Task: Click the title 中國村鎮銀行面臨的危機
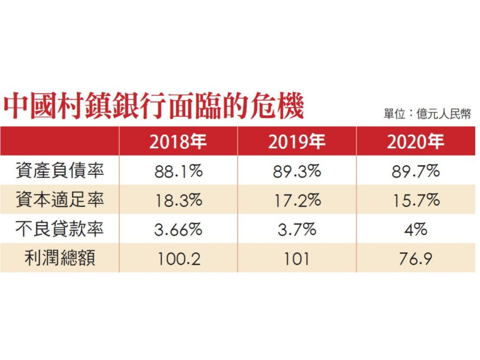coord(154,107)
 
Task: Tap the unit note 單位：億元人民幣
coord(427,114)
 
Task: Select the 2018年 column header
coord(178,142)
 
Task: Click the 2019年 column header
coord(297,142)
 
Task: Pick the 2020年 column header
coord(415,142)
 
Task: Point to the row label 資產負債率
coord(60,171)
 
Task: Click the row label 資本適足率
coord(60,200)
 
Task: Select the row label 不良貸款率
coord(60,229)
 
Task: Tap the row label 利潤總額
coord(60,259)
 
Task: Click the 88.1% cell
coord(178,171)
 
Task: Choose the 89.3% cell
coord(297,171)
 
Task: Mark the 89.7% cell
coord(415,171)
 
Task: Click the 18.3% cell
coord(178,200)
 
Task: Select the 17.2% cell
coord(297,200)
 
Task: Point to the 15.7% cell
coord(415,200)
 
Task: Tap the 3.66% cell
coord(178,229)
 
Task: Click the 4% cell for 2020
coord(415,229)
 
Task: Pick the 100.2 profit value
coord(178,259)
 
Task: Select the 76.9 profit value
coord(415,259)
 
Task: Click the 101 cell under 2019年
coord(297,259)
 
